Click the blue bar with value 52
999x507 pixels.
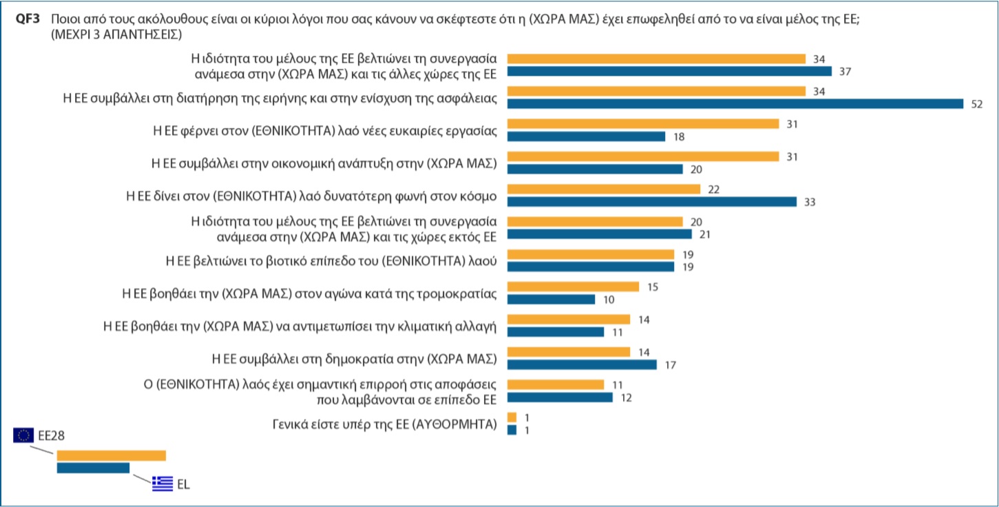tap(735, 104)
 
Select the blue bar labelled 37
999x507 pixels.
tap(669, 71)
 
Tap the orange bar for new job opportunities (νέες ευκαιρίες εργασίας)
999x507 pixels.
tap(642, 124)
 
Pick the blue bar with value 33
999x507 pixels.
tap(651, 202)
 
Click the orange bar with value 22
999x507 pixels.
tap(603, 189)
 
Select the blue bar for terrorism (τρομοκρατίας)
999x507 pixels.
tap(551, 300)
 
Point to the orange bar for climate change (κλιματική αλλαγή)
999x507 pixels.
tap(568, 320)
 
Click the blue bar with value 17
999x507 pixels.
tap(582, 364)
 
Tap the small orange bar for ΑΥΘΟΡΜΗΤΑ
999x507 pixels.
tap(512, 417)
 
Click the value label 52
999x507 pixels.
tap(976, 104)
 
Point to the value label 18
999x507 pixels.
tap(678, 136)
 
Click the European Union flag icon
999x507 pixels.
tap(23, 435)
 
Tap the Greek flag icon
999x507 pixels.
tap(162, 484)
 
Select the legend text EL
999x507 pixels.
tap(183, 484)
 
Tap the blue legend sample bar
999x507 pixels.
tap(93, 468)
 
